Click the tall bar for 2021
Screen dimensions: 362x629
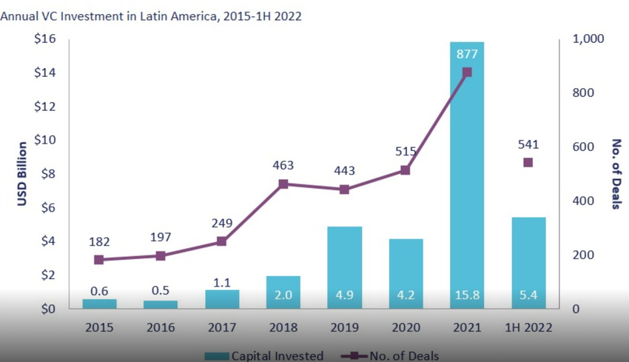click(x=466, y=178)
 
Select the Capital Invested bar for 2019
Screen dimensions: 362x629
click(x=344, y=267)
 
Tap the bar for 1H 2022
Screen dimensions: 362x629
click(x=528, y=263)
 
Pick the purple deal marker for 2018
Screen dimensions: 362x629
click(x=283, y=184)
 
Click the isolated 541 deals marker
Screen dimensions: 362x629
click(x=528, y=162)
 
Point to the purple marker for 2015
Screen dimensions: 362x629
click(x=99, y=260)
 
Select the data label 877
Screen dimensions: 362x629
click(x=466, y=53)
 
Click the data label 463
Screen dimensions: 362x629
click(x=283, y=164)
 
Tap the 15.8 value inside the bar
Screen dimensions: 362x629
click(x=466, y=295)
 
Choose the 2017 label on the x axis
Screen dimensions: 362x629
click(x=221, y=326)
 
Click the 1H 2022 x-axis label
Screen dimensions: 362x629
click(x=528, y=326)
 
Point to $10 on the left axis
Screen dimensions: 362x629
click(x=46, y=140)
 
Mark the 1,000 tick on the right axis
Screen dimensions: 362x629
click(x=590, y=39)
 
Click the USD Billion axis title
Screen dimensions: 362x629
click(x=21, y=174)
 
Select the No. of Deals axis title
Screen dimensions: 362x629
click(x=616, y=174)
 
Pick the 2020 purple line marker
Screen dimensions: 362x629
click(x=406, y=170)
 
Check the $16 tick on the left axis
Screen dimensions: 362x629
click(x=46, y=39)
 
